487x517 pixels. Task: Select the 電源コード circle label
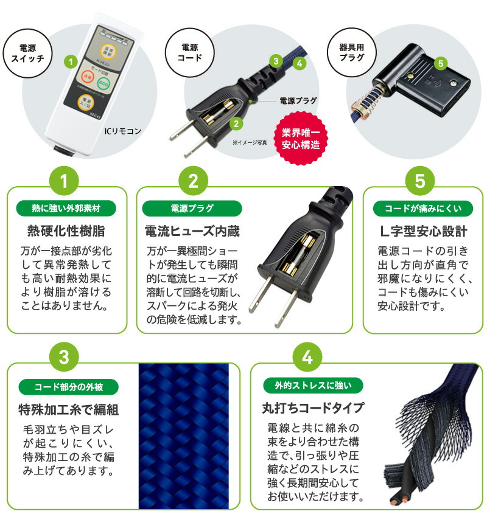[x=189, y=52]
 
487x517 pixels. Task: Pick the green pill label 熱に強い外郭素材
[x=66, y=209]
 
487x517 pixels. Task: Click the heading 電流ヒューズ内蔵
[x=192, y=232]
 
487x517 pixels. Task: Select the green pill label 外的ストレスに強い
[x=313, y=385]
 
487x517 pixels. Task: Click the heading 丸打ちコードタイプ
[x=313, y=408]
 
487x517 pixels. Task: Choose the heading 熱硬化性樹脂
[x=66, y=232]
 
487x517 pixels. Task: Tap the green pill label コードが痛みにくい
[x=422, y=209]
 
